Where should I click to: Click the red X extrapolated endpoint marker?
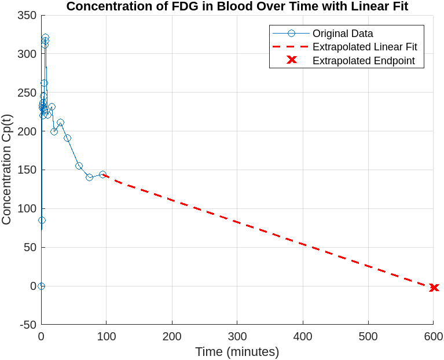pos(434,288)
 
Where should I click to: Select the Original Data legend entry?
pos(343,34)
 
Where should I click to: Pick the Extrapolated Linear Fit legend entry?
pos(365,47)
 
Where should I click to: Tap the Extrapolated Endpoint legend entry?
pos(364,61)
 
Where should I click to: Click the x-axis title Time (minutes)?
pos(237,352)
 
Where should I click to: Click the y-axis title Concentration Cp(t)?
pos(7,170)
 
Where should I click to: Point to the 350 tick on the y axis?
pos(28,15)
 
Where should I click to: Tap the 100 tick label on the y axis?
pos(28,208)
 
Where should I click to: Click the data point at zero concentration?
pos(41,286)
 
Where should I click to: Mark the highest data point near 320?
pos(45,38)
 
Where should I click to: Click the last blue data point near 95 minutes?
pos(102,174)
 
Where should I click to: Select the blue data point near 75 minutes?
pos(89,177)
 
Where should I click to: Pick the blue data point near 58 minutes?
pos(79,166)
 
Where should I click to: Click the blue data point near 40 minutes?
pos(67,138)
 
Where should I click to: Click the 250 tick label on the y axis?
pos(28,93)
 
